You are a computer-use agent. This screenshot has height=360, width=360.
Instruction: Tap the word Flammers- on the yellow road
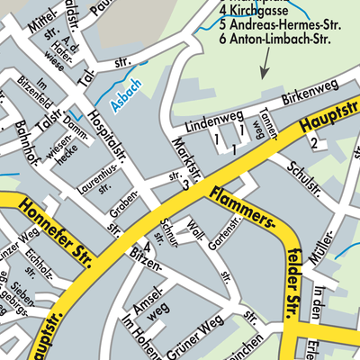242,208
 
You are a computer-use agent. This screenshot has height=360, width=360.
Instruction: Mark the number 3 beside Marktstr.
185,185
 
